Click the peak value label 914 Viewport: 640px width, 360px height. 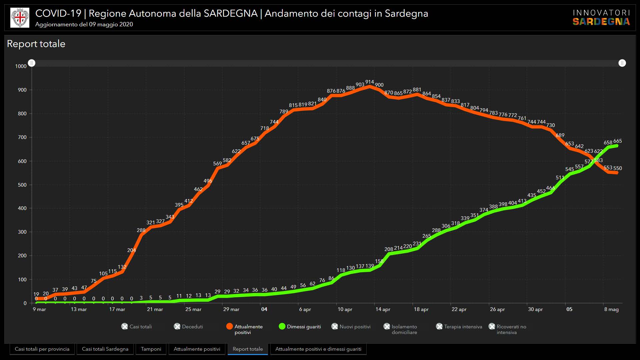(369, 82)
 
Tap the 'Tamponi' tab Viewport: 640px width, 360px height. (151, 349)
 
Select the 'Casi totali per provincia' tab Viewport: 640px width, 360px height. (42, 349)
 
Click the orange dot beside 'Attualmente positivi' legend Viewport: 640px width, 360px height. (229, 326)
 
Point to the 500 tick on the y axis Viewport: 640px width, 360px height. (21, 185)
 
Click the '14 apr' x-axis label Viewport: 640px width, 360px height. (383, 309)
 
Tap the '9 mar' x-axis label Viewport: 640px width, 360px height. (39, 309)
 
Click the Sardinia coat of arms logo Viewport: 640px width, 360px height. (20, 18)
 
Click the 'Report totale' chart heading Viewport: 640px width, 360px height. (36, 44)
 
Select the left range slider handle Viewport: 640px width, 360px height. (32, 63)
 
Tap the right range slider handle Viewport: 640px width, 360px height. (622, 63)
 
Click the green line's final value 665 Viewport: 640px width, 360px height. (617, 141)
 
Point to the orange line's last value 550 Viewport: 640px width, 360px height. (617, 168)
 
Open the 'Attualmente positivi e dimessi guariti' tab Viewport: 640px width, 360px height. (318, 349)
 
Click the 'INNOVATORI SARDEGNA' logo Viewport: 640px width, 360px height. (601, 18)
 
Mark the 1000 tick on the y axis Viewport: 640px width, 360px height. (21, 66)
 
